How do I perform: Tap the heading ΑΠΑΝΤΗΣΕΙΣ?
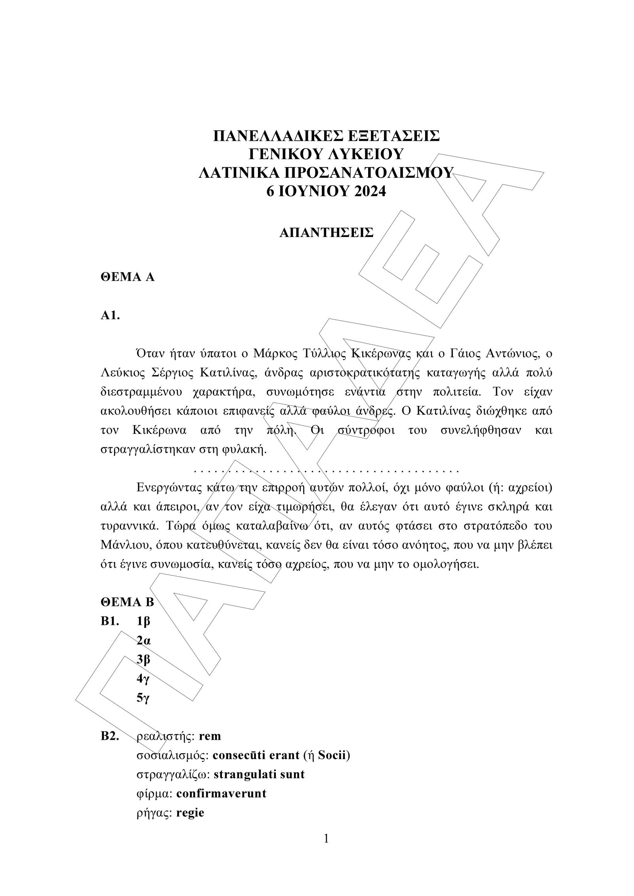click(x=326, y=232)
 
